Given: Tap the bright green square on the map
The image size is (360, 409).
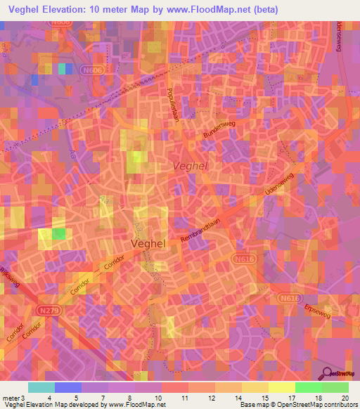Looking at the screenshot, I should click(60, 234).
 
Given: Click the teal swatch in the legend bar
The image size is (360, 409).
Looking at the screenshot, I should click(41, 387).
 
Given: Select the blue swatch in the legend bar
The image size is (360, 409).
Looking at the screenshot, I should click(68, 387).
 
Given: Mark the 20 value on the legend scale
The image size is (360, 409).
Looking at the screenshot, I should click(345, 397).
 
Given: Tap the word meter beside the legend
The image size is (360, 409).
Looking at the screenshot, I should click(10, 397).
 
